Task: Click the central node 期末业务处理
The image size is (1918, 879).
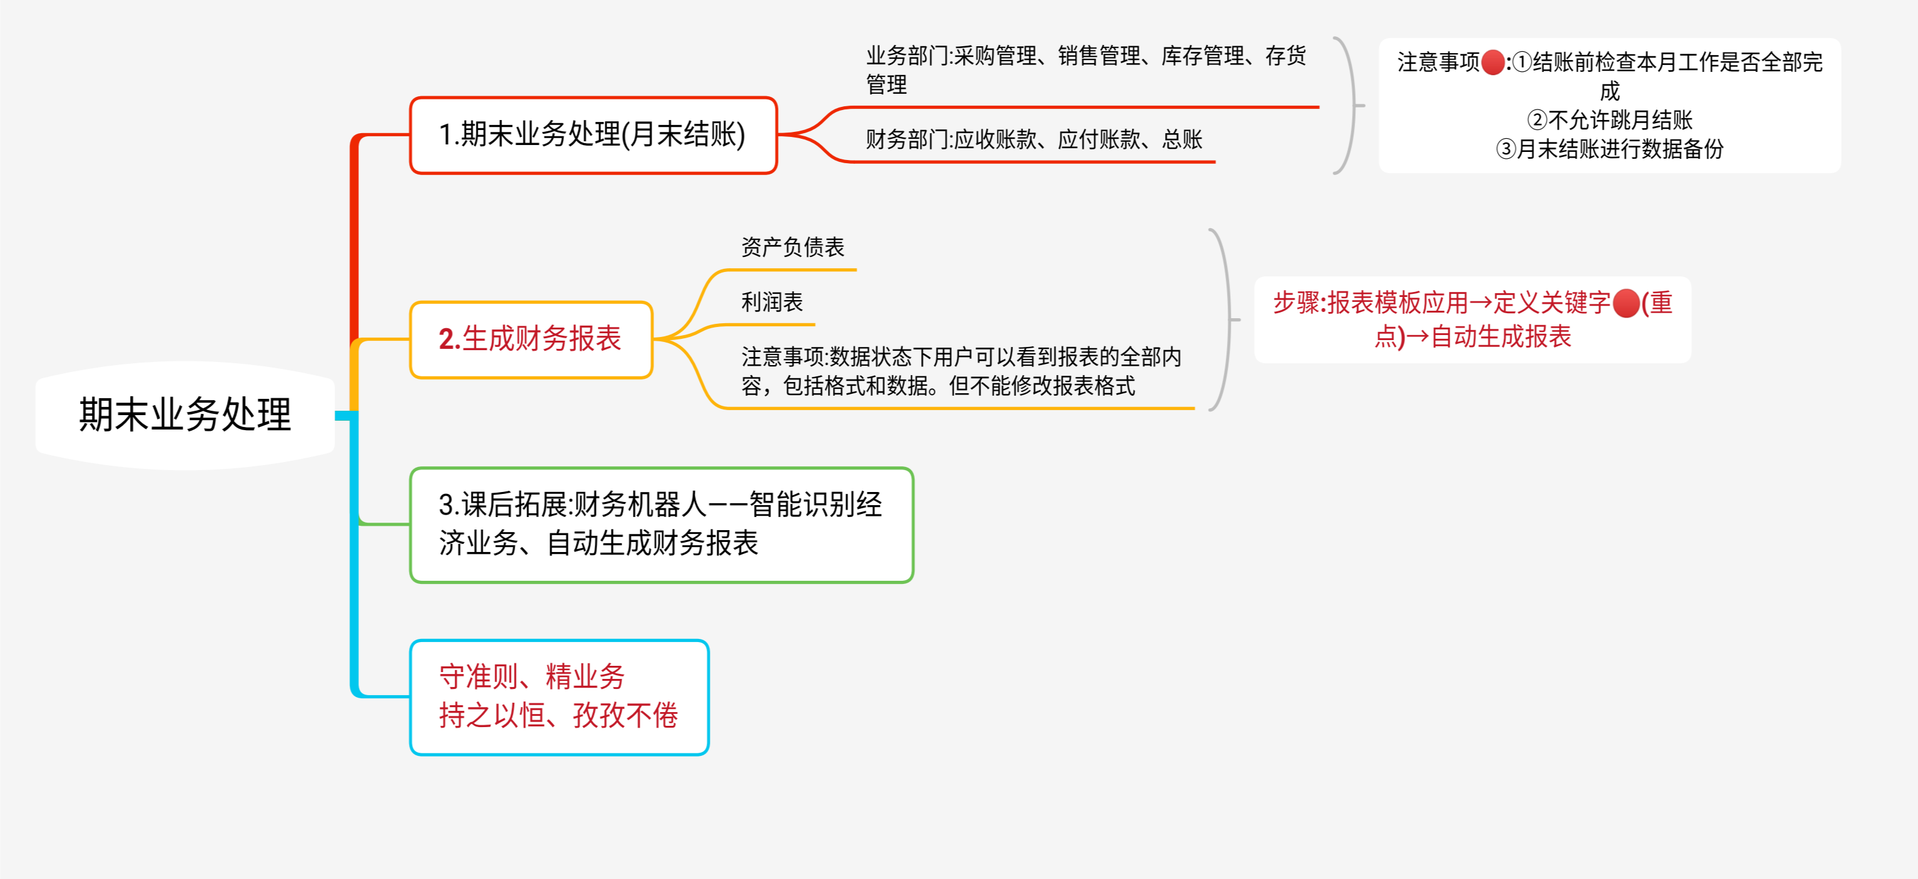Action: (184, 414)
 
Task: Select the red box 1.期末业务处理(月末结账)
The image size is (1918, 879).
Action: (593, 134)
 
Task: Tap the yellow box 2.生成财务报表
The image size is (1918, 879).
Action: (531, 339)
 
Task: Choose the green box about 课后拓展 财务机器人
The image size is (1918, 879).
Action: (661, 525)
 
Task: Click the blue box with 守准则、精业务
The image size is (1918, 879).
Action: (558, 696)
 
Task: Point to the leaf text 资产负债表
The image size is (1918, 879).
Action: (792, 247)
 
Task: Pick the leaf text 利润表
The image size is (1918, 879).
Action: (771, 302)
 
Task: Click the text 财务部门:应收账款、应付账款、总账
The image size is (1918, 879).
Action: (1034, 139)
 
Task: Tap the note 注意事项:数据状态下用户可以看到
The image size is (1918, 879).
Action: (961, 371)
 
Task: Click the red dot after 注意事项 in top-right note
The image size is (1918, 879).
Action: (1493, 63)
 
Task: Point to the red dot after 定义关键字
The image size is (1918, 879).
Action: (1626, 304)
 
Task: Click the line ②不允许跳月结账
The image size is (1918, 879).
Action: (1610, 120)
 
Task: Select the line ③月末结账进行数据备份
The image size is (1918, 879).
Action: (1610, 149)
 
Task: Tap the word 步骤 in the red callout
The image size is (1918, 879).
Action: (1296, 303)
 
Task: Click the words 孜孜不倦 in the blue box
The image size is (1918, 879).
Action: (625, 715)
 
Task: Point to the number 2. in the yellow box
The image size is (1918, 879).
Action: (449, 339)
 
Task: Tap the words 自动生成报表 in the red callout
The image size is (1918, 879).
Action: (1500, 336)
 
